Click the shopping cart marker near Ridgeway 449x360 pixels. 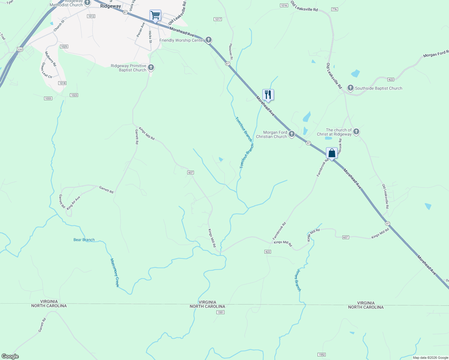(x=155, y=15)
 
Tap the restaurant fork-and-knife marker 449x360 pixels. (x=268, y=95)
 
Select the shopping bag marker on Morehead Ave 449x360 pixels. (x=332, y=153)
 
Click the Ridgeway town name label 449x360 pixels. (x=111, y=6)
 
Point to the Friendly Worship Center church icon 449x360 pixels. (x=209, y=40)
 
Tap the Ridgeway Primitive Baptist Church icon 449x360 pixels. (x=151, y=67)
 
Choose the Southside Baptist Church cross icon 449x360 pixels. (x=350, y=88)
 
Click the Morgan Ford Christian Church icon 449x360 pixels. (x=292, y=134)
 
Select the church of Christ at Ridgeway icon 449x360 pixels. (x=356, y=132)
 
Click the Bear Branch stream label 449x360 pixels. (x=84, y=240)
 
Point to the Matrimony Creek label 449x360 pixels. (x=115, y=273)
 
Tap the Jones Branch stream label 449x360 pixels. (x=297, y=280)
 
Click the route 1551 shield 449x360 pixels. (x=221, y=312)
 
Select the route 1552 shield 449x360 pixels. (x=321, y=355)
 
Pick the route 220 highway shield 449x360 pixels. (x=20, y=49)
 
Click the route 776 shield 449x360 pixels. (x=335, y=9)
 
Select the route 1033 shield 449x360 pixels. (x=48, y=98)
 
